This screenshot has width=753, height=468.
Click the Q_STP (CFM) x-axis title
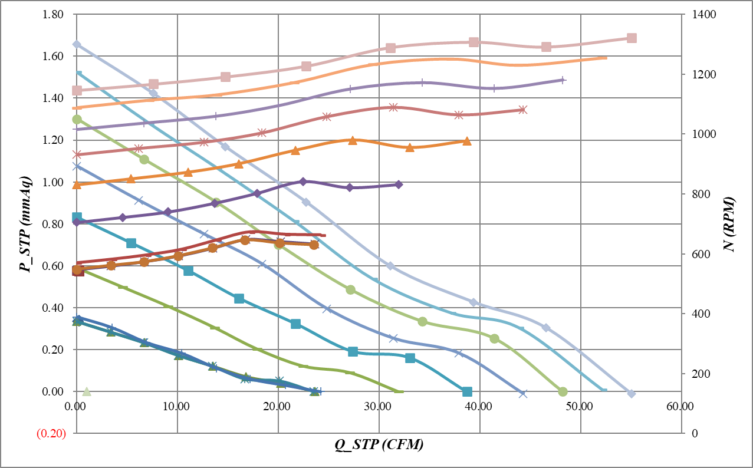coord(379,446)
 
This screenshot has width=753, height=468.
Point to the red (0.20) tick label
coord(51,434)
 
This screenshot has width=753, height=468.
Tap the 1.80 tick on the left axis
coord(54,14)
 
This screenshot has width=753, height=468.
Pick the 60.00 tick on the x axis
coord(681,406)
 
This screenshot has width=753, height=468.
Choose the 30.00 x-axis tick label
coord(379,406)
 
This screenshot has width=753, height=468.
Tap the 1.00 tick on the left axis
coord(54,182)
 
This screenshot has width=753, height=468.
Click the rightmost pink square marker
coord(632,38)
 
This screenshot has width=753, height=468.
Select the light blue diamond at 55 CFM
coord(632,393)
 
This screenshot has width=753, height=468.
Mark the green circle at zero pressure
coord(563,391)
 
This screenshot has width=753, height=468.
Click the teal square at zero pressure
coord(467,391)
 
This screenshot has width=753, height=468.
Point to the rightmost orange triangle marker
coord(467,141)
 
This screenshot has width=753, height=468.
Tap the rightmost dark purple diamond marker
coord(399,184)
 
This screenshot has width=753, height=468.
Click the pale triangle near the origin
coord(87,391)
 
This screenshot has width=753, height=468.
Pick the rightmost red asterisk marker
coord(522,110)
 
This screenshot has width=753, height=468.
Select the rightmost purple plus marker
coord(563,80)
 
